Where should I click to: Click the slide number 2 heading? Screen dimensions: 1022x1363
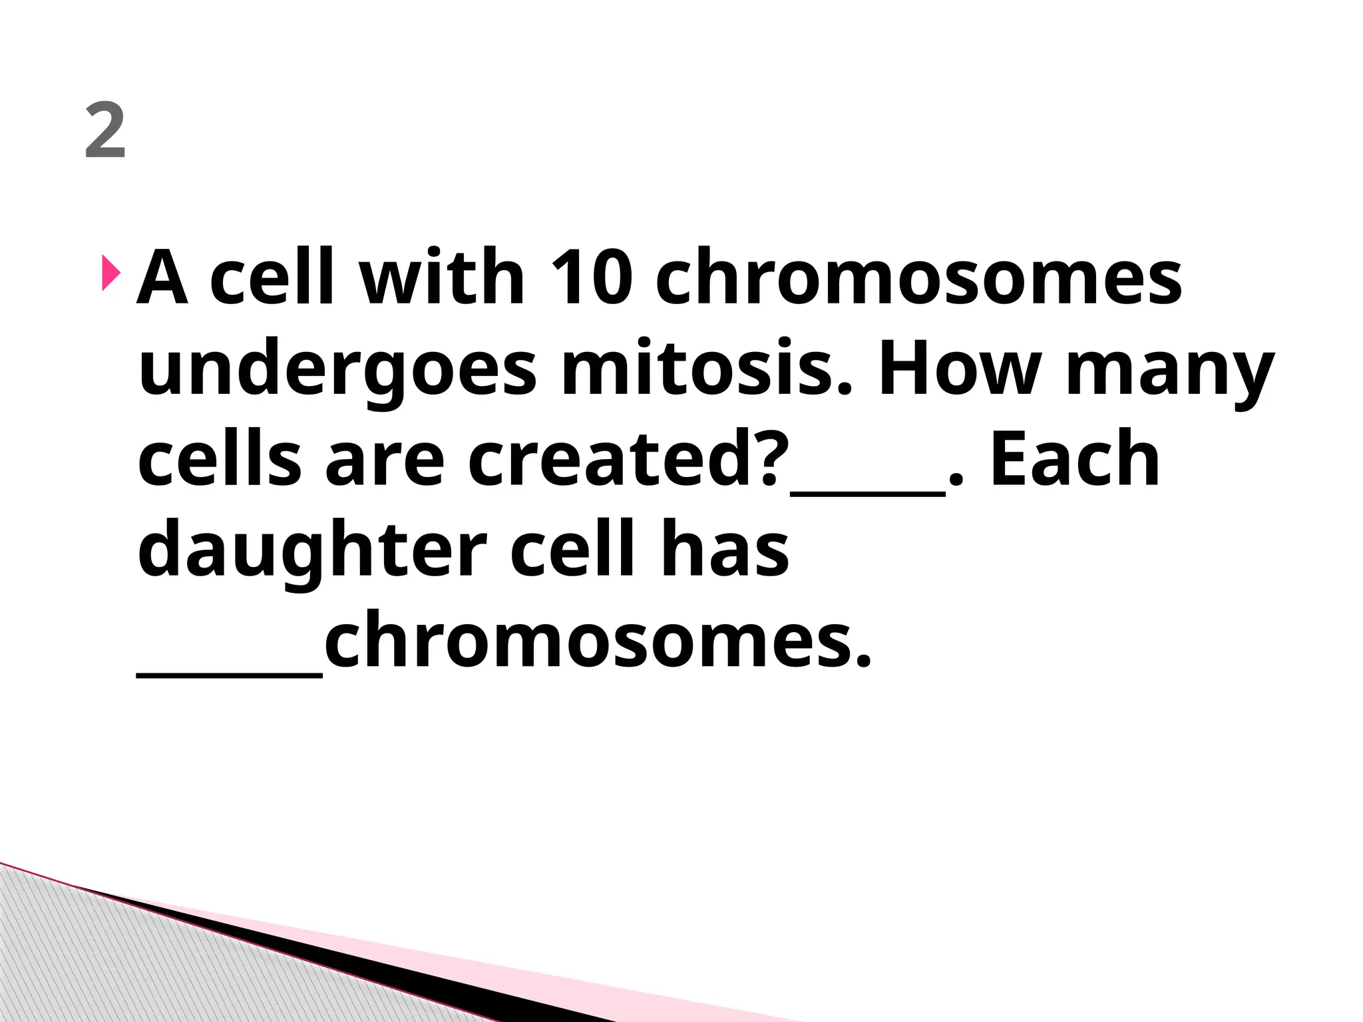click(105, 132)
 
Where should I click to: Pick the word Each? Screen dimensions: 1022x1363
click(1075, 459)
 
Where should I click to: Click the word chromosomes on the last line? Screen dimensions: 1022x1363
click(597, 640)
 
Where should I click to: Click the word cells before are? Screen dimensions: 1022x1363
click(220, 459)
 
